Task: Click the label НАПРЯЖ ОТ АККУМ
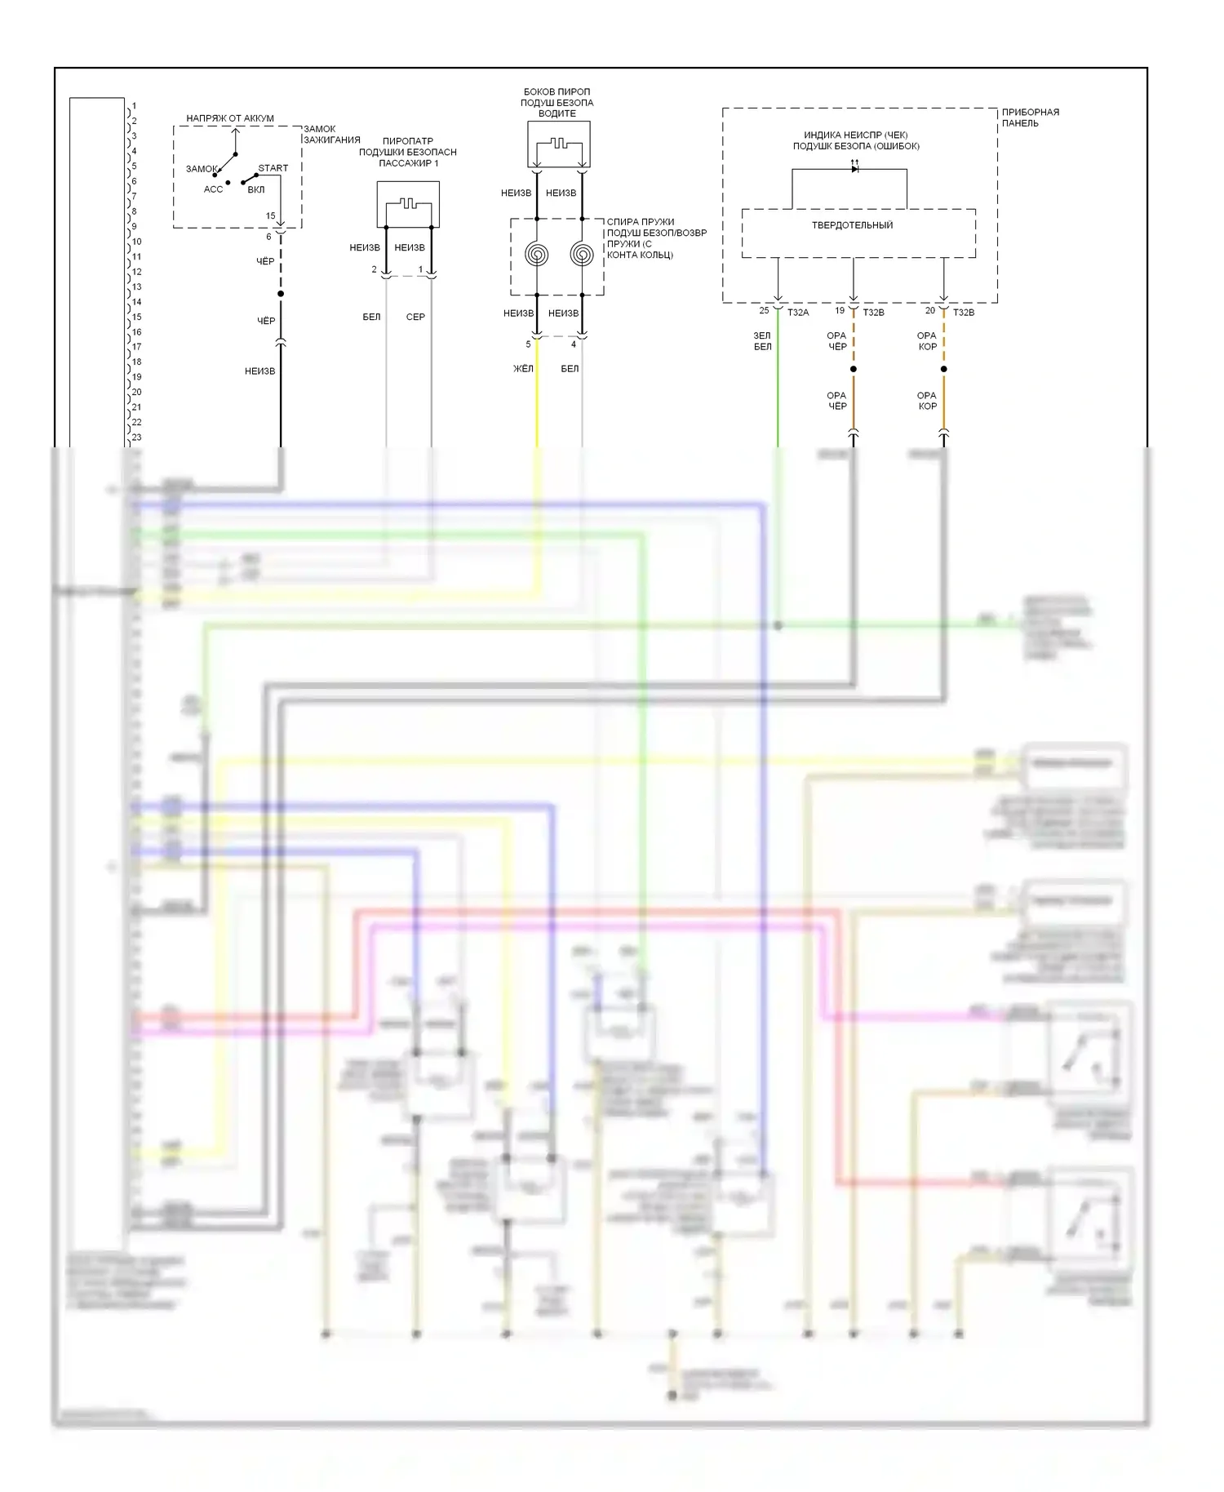pyautogui.click(x=230, y=118)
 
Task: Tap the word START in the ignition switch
pyautogui.click(x=273, y=168)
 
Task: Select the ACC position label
pyautogui.click(x=213, y=189)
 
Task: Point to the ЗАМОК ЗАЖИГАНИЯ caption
pyautogui.click(x=331, y=135)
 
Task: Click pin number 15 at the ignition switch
pyautogui.click(x=271, y=216)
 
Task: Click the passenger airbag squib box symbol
pyautogui.click(x=408, y=204)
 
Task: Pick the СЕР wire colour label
pyautogui.click(x=415, y=317)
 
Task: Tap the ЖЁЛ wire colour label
pyautogui.click(x=523, y=369)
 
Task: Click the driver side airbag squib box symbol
pyautogui.click(x=559, y=144)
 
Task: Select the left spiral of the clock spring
pyautogui.click(x=537, y=255)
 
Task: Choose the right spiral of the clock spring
pyautogui.click(x=582, y=255)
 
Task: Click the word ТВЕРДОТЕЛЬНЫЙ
pyautogui.click(x=852, y=225)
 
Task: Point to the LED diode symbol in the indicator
pyautogui.click(x=854, y=168)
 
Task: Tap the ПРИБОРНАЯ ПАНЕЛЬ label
pyautogui.click(x=1030, y=118)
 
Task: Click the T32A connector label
pyautogui.click(x=798, y=313)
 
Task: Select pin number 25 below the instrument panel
pyautogui.click(x=764, y=311)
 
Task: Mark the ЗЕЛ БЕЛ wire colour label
pyautogui.click(x=762, y=341)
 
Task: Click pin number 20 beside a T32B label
pyautogui.click(x=930, y=311)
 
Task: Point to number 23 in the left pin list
pyautogui.click(x=136, y=437)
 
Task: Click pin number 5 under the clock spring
pyautogui.click(x=528, y=344)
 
